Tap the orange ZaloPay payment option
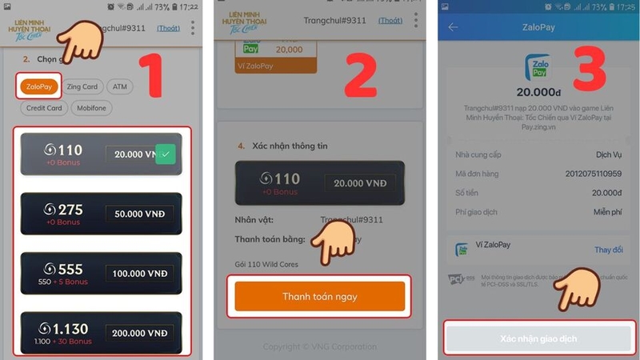click(x=38, y=87)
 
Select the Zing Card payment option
click(x=82, y=87)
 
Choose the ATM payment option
click(x=119, y=87)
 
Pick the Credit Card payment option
click(x=44, y=108)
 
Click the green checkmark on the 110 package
click(x=166, y=154)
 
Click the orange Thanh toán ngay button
click(x=319, y=297)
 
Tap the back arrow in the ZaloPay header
click(x=453, y=27)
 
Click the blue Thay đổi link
click(x=608, y=250)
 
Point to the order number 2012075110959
click(x=594, y=173)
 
